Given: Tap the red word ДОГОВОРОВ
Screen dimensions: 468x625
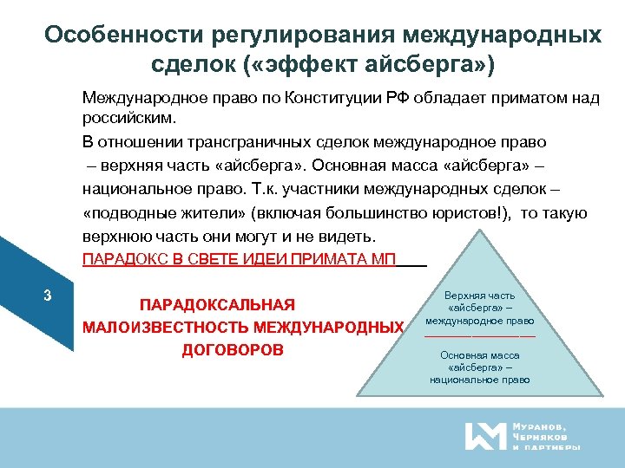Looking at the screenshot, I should (x=233, y=350).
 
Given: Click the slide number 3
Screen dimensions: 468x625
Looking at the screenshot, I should (x=48, y=296).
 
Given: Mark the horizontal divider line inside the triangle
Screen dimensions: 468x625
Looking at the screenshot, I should (x=479, y=335).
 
